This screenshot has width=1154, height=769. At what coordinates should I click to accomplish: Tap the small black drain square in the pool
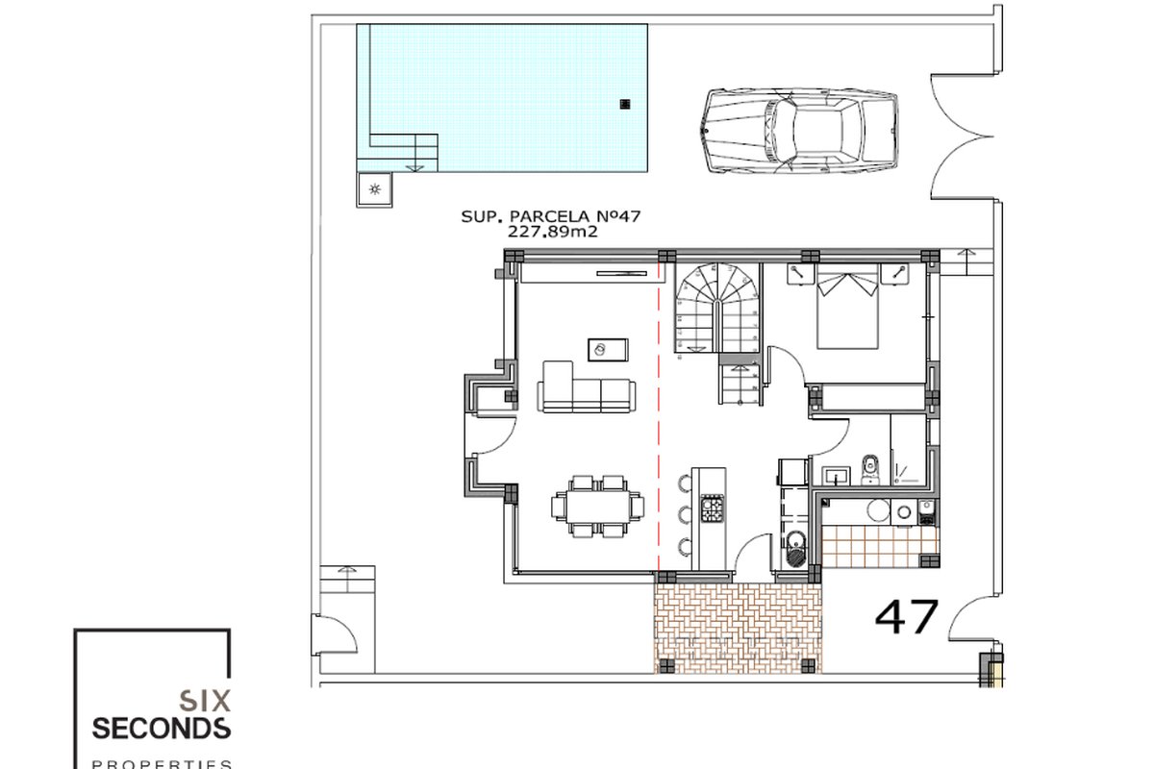pyautogui.click(x=625, y=104)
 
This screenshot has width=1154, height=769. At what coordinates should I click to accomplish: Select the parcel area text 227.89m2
pyautogui.click(x=552, y=232)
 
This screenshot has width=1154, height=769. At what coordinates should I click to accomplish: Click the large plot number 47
pyautogui.click(x=907, y=616)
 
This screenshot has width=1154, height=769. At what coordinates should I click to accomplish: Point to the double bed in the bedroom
pyautogui.click(x=847, y=307)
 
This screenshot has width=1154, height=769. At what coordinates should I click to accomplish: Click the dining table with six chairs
pyautogui.click(x=597, y=507)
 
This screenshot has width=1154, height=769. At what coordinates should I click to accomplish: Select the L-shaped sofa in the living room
pyautogui.click(x=587, y=387)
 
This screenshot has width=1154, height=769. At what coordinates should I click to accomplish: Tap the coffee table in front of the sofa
pyautogui.click(x=608, y=350)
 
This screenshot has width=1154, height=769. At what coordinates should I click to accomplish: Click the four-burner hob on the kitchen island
pyautogui.click(x=712, y=509)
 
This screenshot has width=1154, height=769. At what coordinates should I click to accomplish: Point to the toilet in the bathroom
pyautogui.click(x=869, y=469)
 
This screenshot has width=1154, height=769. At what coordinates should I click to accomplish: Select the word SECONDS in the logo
pyautogui.click(x=162, y=729)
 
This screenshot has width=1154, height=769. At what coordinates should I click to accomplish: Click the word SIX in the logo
pyautogui.click(x=205, y=701)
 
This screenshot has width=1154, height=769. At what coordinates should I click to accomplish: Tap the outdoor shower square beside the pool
pyautogui.click(x=374, y=189)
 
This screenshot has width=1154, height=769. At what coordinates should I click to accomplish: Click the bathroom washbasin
pyautogui.click(x=836, y=476)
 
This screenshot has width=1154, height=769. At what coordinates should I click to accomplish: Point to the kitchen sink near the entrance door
pyautogui.click(x=796, y=550)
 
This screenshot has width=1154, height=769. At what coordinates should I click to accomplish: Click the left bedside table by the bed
pyautogui.click(x=800, y=274)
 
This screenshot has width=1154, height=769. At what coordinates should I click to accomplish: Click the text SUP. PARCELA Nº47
pyautogui.click(x=550, y=216)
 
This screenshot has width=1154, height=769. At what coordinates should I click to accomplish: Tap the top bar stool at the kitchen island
pyautogui.click(x=684, y=484)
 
